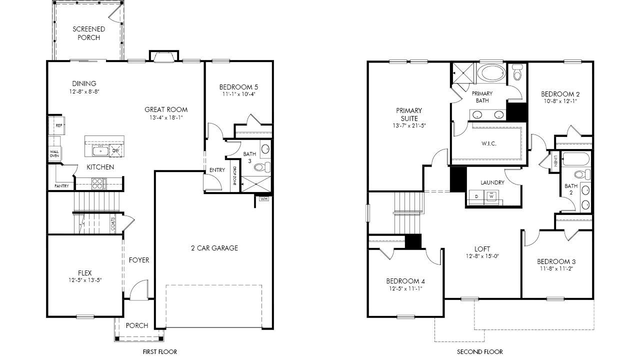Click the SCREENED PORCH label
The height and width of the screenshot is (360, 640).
(89, 33)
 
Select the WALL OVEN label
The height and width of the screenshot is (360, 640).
(54, 153)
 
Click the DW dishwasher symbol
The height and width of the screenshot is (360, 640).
(115, 150)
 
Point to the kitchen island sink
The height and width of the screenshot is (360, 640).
(100, 151)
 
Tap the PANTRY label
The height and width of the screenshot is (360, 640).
(61, 186)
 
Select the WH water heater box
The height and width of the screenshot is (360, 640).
(264, 199)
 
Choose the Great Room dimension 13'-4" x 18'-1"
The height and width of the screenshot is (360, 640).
(166, 117)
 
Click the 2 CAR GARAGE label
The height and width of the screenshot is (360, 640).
(214, 248)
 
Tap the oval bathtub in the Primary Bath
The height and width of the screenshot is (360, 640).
(491, 73)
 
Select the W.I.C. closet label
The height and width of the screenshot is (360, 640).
(489, 143)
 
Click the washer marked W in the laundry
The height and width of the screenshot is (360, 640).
(491, 196)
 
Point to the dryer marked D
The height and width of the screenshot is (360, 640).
(476, 196)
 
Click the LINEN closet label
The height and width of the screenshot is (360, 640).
(555, 161)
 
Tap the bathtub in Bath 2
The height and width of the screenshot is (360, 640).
(576, 159)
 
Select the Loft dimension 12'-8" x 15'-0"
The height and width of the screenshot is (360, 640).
(482, 256)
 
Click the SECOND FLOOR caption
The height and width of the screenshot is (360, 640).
(479, 351)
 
